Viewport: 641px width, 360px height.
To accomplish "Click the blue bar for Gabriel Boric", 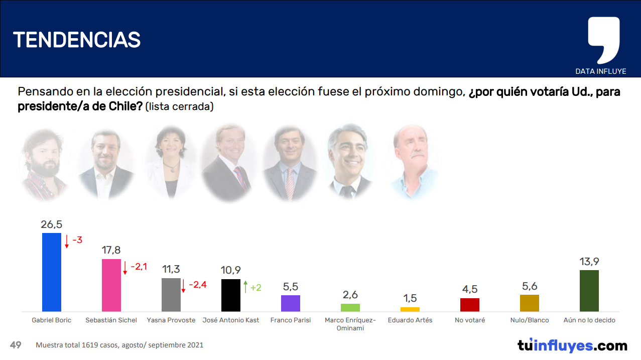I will pyautogui.click(x=52, y=272).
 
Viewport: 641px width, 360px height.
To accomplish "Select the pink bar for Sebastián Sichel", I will pyautogui.click(x=111, y=285).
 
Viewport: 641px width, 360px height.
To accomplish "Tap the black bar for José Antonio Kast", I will pyautogui.click(x=231, y=295).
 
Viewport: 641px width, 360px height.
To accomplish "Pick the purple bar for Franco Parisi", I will pyautogui.click(x=291, y=303).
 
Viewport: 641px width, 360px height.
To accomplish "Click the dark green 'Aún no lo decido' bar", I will pyautogui.click(x=589, y=291).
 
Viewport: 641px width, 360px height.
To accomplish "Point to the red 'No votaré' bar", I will pyautogui.click(x=470, y=305).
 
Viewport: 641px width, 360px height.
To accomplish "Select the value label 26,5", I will pyautogui.click(x=52, y=224).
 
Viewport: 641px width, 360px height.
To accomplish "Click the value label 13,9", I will pyautogui.click(x=589, y=262).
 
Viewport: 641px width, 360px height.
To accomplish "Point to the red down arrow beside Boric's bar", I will pyautogui.click(x=67, y=242).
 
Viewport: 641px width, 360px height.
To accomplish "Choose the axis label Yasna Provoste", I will pyautogui.click(x=171, y=320).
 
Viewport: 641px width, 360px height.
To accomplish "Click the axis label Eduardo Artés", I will pyautogui.click(x=410, y=320).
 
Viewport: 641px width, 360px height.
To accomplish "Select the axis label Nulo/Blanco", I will pyautogui.click(x=530, y=320).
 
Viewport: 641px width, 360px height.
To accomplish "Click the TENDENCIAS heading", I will pyautogui.click(x=77, y=39).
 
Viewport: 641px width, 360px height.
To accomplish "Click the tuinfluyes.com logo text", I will pyautogui.click(x=572, y=345).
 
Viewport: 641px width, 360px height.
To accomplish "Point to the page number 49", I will pyautogui.click(x=16, y=345).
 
